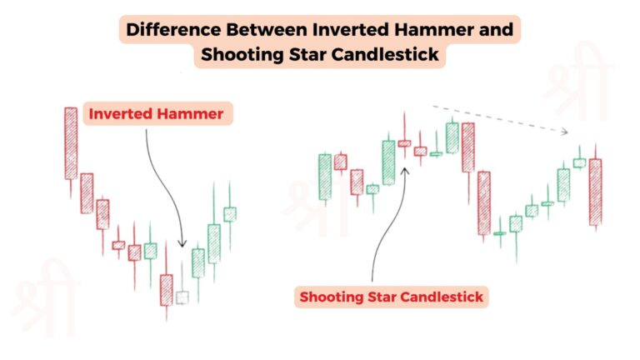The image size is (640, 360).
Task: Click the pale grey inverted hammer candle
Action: pyautogui.click(x=182, y=296)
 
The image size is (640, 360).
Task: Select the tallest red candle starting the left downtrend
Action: pyautogui.click(x=71, y=143)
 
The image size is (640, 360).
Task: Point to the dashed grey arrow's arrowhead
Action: pyautogui.click(x=566, y=131)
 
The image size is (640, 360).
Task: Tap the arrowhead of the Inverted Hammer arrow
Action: pyautogui.click(x=182, y=247)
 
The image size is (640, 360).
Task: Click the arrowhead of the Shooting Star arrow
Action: pyautogui.click(x=405, y=167)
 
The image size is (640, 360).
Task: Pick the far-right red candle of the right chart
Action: pyautogui.click(x=595, y=192)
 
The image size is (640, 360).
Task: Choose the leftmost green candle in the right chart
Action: pyautogui.click(x=325, y=177)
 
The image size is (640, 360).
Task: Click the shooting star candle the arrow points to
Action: pyautogui.click(x=404, y=143)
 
